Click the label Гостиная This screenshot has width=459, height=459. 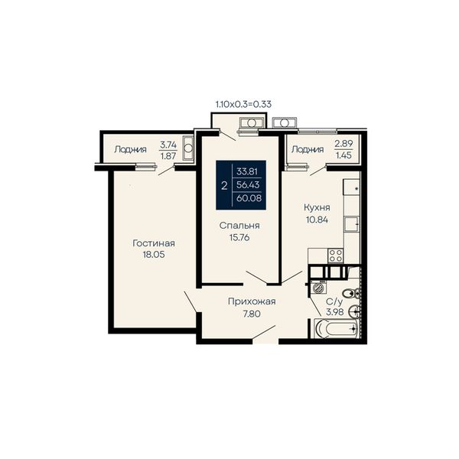tap(154, 243)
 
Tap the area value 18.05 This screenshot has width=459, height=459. tap(154, 255)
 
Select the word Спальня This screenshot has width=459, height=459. tap(239, 226)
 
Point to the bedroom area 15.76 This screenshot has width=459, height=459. tap(239, 237)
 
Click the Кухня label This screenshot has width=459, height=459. tap(317, 207)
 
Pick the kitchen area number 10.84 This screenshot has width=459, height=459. tap(317, 220)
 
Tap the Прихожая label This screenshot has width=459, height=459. tap(252, 301)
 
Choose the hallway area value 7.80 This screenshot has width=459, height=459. tap(252, 314)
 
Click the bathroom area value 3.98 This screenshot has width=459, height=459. tap(335, 312)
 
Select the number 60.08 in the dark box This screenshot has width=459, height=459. tap(249, 198)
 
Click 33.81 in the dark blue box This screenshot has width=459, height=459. tap(247, 171)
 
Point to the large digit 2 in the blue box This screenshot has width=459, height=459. tap(224, 186)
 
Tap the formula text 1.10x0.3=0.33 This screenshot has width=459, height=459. tap(243, 104)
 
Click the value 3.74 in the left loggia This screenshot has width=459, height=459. tap(168, 145)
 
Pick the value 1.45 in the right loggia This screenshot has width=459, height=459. tap(343, 155)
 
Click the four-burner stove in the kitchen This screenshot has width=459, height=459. tap(336, 256)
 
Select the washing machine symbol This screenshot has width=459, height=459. tap(317, 288)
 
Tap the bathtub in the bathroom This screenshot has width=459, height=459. tap(337, 328)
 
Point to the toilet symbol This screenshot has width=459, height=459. tap(350, 293)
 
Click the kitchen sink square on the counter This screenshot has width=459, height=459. tap(351, 224)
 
